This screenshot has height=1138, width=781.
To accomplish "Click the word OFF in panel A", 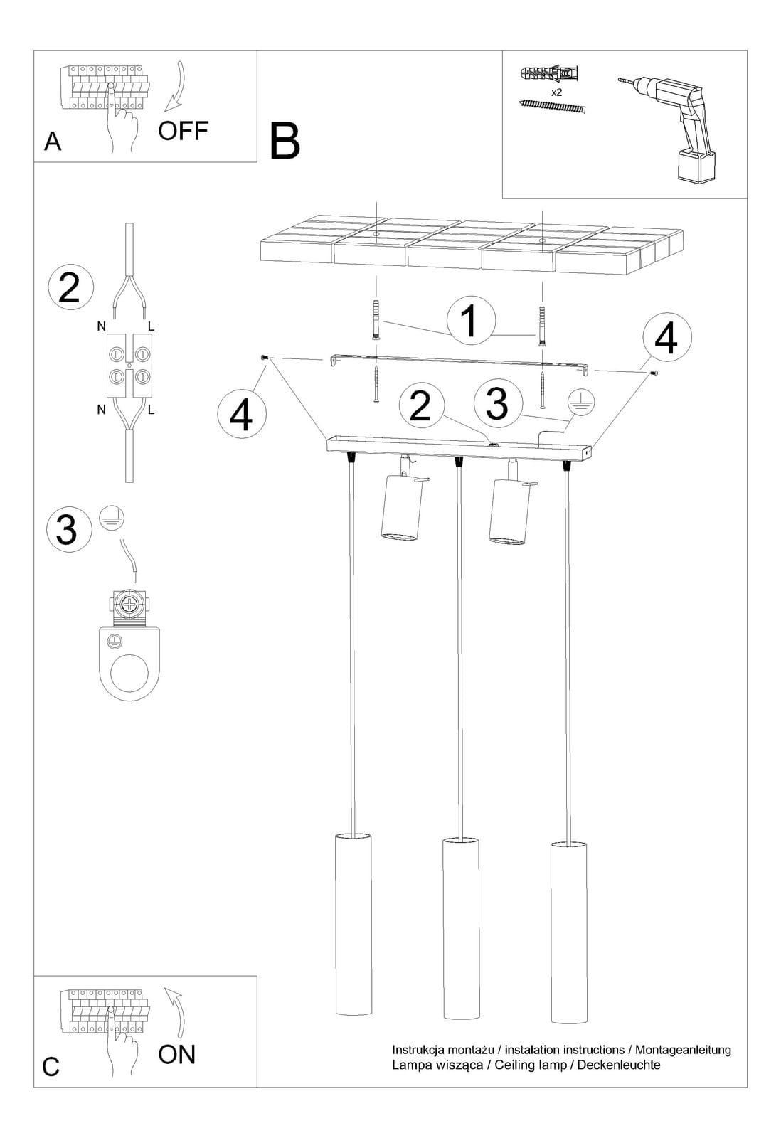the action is click(183, 131).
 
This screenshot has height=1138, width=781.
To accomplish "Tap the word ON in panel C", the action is click(177, 1055).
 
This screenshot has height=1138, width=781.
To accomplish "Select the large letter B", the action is click(285, 142).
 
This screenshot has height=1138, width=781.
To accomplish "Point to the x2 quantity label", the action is click(556, 92).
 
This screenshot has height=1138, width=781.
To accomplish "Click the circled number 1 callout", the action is click(471, 321).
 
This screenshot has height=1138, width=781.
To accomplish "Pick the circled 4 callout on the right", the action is click(666, 337).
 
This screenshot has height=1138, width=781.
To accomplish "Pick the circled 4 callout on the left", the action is click(241, 414).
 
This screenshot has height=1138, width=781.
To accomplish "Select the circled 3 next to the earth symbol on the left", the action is click(68, 529).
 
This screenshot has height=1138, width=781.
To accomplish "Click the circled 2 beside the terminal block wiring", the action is click(70, 287).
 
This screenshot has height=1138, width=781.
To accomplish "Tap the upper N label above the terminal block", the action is click(102, 326).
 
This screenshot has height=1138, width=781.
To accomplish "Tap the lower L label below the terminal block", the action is click(151, 410).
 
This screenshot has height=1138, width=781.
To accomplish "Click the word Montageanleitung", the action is click(683, 1050).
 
